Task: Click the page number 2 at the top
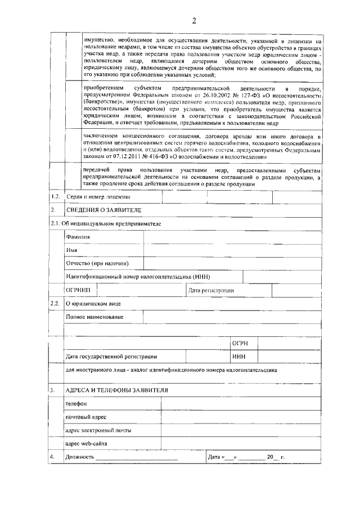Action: (x=193, y=21)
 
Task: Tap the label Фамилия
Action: (x=78, y=237)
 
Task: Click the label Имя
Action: (x=71, y=250)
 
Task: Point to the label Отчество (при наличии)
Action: (x=97, y=263)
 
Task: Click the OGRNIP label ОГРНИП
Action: (x=77, y=290)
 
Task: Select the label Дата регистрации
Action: (x=211, y=290)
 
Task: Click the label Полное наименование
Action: (x=94, y=317)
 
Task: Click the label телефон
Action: (x=76, y=403)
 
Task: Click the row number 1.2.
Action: (x=55, y=196)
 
